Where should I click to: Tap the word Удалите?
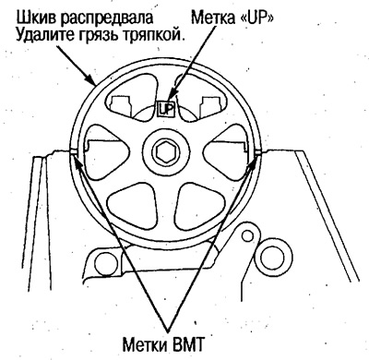coord(43,36)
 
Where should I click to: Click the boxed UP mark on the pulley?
coord(167,109)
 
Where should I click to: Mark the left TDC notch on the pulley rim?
coord(74,151)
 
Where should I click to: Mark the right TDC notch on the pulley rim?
coord(261,151)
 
